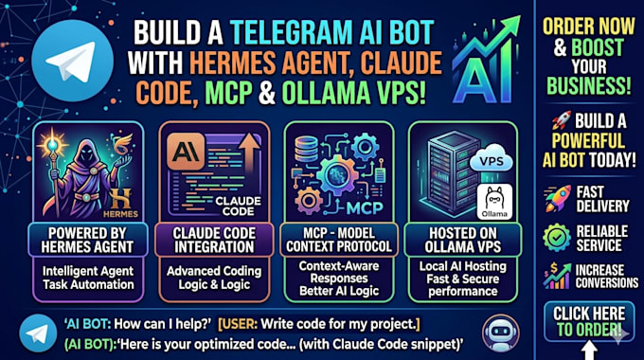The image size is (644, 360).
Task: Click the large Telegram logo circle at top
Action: click(x=73, y=61)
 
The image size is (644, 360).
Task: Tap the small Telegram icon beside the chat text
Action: click(x=38, y=333)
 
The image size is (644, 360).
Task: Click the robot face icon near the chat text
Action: click(x=501, y=333)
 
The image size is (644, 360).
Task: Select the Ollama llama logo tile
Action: click(x=494, y=202)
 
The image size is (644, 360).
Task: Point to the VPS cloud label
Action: click(x=492, y=158)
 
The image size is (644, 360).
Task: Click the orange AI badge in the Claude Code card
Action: click(x=186, y=152)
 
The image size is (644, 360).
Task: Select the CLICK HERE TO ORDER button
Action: click(x=589, y=322)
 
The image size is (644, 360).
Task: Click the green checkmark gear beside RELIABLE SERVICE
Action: click(x=557, y=238)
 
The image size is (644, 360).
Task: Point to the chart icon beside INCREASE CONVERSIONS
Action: click(x=557, y=276)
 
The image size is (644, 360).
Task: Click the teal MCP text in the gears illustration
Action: click(x=365, y=207)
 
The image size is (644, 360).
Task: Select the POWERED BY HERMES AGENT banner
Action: click(x=87, y=240)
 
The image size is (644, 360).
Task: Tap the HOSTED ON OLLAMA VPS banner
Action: click(x=463, y=240)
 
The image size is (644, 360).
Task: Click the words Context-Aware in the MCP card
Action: click(x=339, y=266)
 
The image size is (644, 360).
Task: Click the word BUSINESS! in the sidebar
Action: click(x=588, y=85)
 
